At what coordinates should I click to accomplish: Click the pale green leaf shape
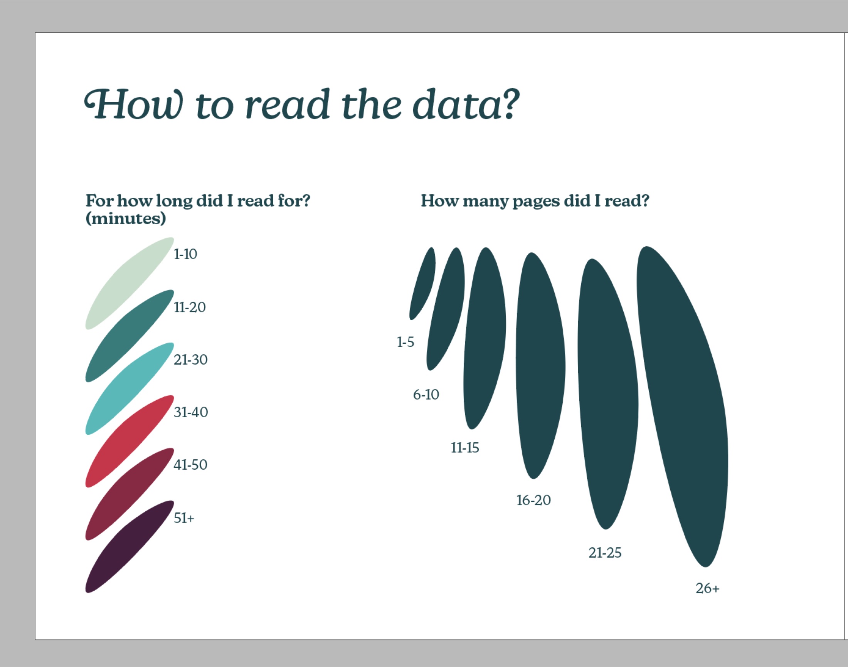(130, 283)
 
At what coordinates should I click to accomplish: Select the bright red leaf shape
(130, 441)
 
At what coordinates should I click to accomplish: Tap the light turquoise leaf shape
(130, 388)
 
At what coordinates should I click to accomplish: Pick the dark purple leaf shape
(130, 547)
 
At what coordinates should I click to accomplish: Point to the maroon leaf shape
(130, 494)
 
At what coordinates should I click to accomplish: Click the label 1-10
(185, 254)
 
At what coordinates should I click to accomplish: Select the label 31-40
(191, 412)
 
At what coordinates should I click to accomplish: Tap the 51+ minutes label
(184, 518)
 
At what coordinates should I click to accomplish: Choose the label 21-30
(191, 360)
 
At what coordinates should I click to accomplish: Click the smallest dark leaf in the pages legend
(422, 284)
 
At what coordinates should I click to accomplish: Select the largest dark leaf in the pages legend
(682, 406)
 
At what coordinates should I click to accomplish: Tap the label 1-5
(405, 343)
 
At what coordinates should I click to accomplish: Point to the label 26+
(707, 588)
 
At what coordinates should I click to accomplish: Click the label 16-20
(533, 500)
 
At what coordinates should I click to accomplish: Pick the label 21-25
(605, 553)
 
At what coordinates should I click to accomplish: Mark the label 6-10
(426, 395)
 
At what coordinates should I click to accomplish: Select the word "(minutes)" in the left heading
(126, 218)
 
